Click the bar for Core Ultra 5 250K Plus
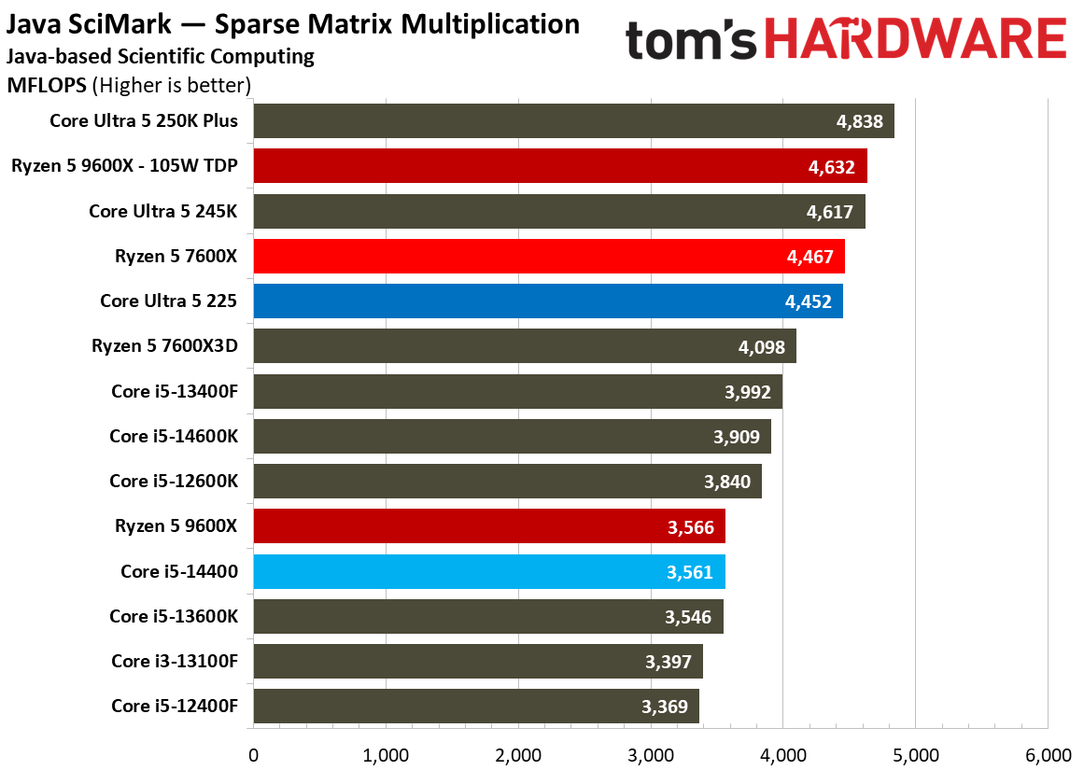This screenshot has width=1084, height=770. [x=574, y=121]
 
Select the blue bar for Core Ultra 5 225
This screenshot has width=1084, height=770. [x=548, y=301]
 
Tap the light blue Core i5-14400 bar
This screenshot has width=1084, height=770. [x=489, y=571]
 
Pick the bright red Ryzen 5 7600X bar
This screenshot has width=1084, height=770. [x=549, y=257]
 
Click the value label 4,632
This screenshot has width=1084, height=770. [x=832, y=166]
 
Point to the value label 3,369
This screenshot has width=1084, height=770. [x=665, y=707]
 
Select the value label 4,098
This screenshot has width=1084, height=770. [x=762, y=347]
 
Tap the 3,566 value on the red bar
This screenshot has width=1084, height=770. [x=691, y=527]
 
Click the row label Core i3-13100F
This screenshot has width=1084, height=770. [x=175, y=662]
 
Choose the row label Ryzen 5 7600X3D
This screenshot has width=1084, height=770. [x=164, y=345]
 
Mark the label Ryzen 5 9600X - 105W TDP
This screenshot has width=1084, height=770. [x=124, y=166]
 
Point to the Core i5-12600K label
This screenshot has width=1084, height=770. [x=174, y=481]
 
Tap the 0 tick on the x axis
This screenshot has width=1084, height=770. [x=254, y=755]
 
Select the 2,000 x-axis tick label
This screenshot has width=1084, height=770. [x=518, y=755]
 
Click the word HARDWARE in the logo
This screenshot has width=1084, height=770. [x=915, y=38]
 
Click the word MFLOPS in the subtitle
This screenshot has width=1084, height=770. [x=47, y=85]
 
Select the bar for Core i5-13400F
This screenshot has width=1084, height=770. [x=518, y=391]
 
